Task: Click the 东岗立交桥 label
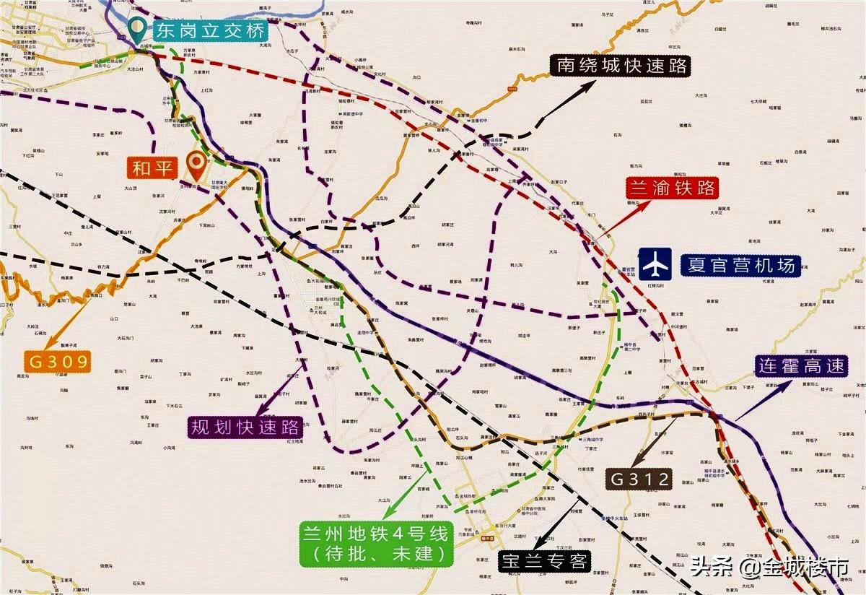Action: point(209,30)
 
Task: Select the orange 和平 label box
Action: point(153,168)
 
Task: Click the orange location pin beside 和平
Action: point(195,165)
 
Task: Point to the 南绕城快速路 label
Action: point(621,66)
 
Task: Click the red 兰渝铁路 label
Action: point(672,188)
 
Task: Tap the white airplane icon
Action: point(655,264)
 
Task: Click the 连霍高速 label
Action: point(801,366)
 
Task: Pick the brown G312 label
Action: point(639,478)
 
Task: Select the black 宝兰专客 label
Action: point(545,560)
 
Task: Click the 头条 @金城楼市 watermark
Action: point(769,568)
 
